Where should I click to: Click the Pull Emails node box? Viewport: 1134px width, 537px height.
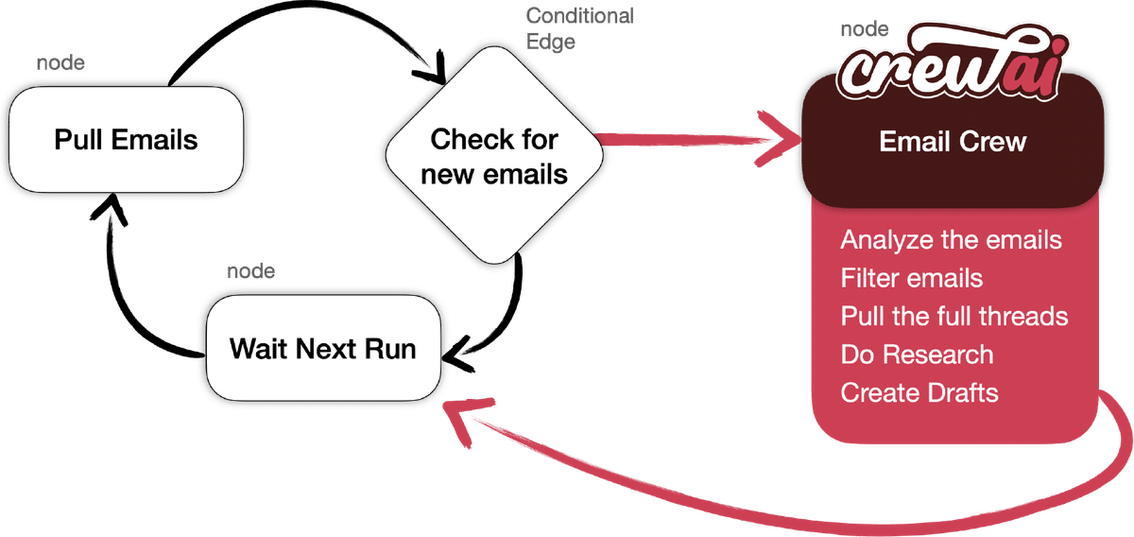coord(126,141)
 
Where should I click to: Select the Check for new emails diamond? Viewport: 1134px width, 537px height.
coord(493,156)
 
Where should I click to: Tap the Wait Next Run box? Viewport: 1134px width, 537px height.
coord(322,347)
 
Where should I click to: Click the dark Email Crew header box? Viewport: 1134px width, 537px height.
coord(952,142)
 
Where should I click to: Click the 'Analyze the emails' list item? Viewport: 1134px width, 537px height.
coord(951,239)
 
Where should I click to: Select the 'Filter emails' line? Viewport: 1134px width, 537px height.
coord(911,278)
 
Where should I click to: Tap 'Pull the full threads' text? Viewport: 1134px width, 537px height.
coord(954,316)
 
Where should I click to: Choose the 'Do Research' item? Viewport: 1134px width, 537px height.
coord(917,355)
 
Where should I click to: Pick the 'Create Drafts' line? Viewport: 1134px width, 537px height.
coord(919,392)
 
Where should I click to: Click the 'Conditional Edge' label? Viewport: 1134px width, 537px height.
coord(578,28)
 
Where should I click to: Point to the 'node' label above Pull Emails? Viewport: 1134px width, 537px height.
coord(60,63)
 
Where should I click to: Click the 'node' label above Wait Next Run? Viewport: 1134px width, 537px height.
coord(252,271)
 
